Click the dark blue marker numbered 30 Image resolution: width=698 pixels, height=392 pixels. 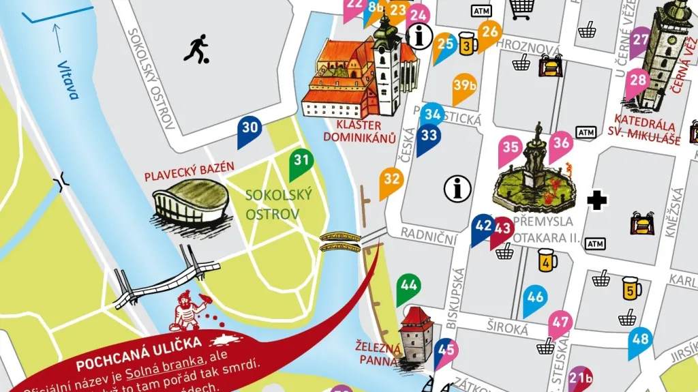(249, 130)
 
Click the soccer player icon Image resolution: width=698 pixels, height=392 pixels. (196, 49)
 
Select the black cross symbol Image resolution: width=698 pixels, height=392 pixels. (598, 200)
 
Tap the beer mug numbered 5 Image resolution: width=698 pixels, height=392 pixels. (631, 289)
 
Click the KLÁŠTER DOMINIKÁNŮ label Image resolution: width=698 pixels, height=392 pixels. (366, 131)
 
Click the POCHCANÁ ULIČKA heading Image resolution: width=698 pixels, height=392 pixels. (138, 343)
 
